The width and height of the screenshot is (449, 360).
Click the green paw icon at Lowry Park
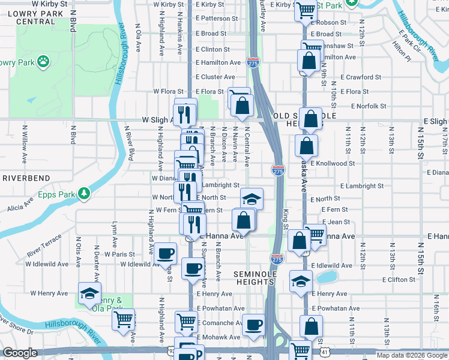[43, 61]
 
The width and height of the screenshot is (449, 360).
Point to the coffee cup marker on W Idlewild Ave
[165, 253]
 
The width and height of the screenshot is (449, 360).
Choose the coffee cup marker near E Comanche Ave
[253, 325]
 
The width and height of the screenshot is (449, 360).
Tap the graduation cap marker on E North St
[252, 199]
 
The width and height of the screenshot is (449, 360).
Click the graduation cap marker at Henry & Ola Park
[90, 293]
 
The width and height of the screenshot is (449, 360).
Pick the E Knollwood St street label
[333, 163]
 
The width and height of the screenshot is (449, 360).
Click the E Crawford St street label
[360, 77]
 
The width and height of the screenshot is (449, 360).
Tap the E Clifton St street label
[369, 280]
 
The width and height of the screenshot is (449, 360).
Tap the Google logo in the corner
[20, 353]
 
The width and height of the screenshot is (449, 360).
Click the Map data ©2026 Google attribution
[412, 355]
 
